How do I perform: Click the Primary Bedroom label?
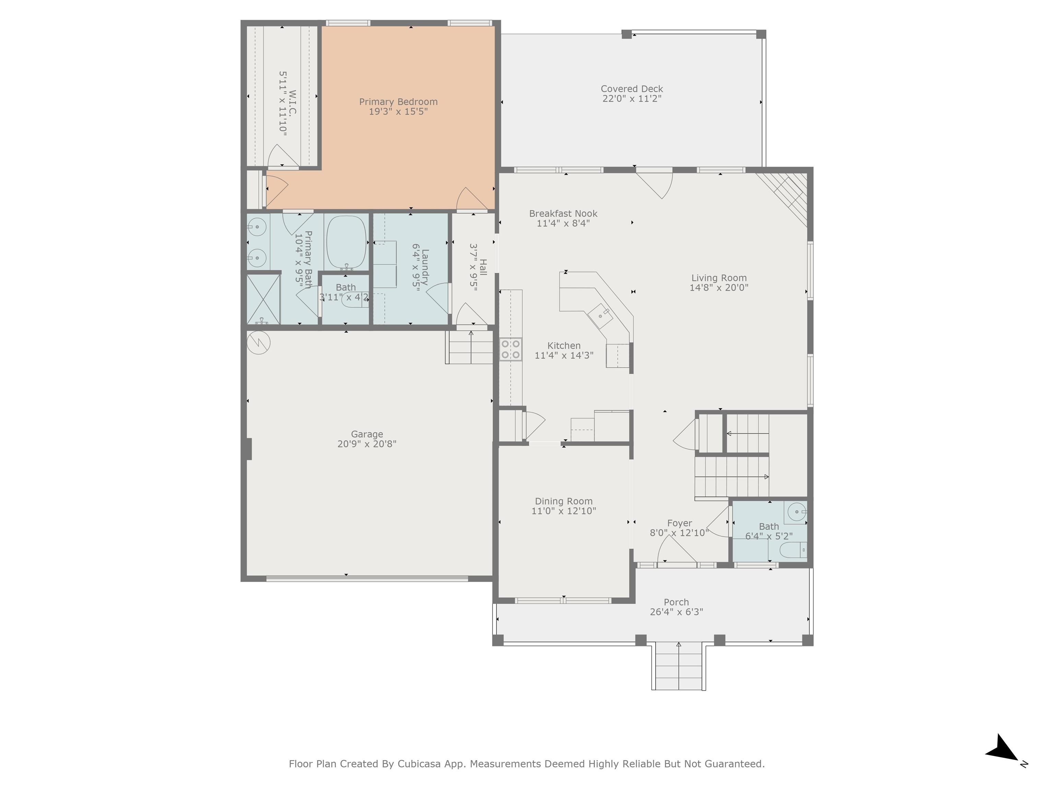[398, 102]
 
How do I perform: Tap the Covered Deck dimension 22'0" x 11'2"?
[632, 99]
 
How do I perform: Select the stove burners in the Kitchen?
[510, 349]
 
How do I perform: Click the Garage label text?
[366, 434]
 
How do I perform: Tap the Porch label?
[676, 602]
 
